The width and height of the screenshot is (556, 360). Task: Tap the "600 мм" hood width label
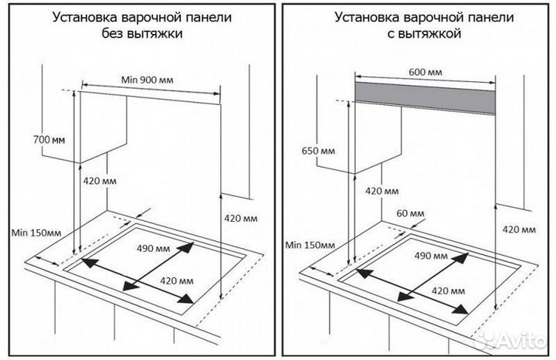click(425, 72)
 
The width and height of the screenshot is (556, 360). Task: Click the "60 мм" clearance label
click(411, 212)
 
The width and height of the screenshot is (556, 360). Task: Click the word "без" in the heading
click(114, 33)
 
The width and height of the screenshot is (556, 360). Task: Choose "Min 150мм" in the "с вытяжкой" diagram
click(309, 245)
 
